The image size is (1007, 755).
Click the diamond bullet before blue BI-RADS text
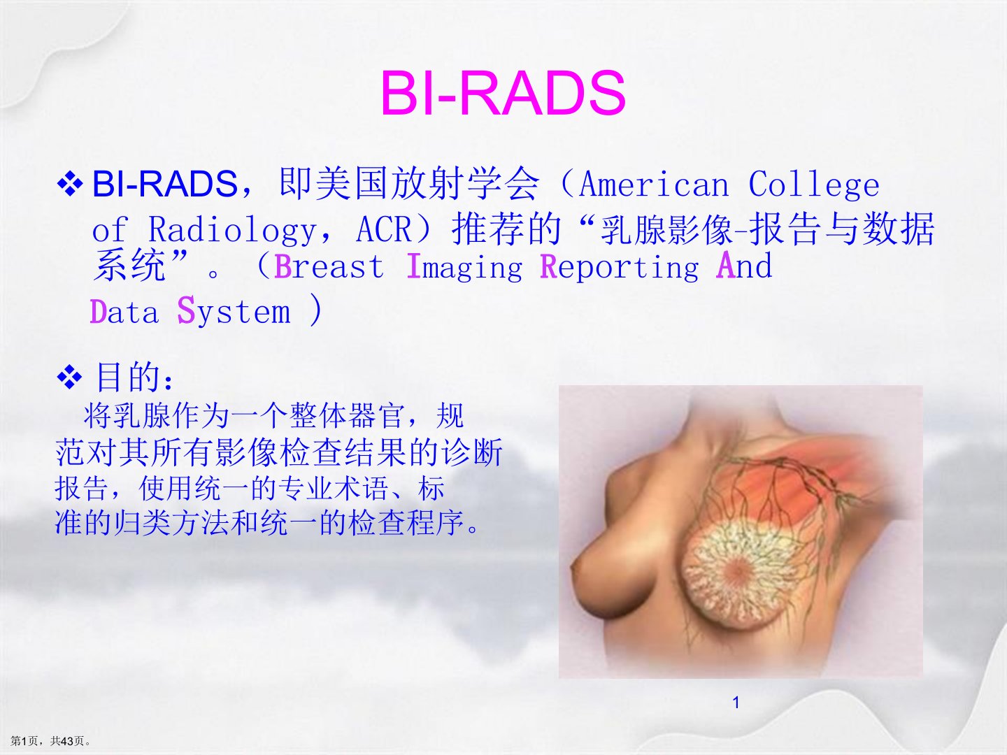click(70, 183)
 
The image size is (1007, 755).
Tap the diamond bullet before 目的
click(70, 377)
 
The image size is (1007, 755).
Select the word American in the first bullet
click(654, 185)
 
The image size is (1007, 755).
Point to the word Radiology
click(232, 230)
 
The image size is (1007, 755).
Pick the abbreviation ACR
click(383, 229)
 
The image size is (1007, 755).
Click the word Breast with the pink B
click(329, 266)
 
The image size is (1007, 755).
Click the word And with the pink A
click(744, 265)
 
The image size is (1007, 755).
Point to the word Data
click(124, 312)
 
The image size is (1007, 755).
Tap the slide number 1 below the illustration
click(736, 703)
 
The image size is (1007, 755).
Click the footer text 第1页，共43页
click(50, 741)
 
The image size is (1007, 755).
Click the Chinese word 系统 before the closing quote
click(129, 265)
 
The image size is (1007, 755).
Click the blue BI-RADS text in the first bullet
click(165, 183)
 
